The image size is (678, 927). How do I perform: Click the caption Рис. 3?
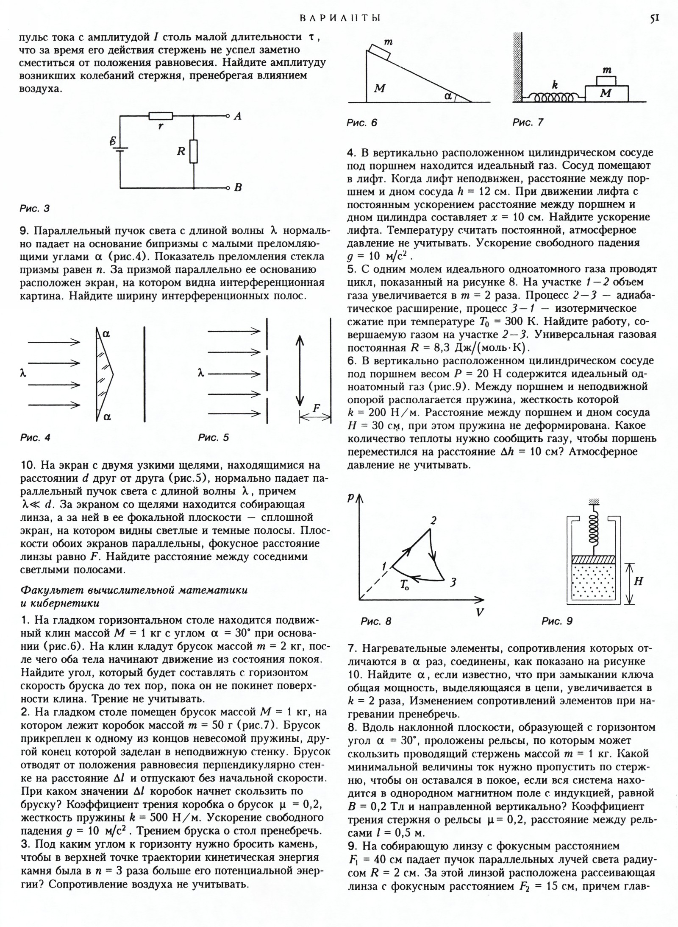point(35,208)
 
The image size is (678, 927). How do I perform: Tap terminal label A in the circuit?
point(238,116)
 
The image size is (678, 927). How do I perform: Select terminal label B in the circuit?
point(238,187)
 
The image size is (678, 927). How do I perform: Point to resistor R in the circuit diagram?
point(193,151)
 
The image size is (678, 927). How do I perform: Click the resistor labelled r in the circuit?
point(161,116)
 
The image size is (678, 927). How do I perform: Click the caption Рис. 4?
point(35,437)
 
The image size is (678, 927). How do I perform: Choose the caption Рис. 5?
point(214,437)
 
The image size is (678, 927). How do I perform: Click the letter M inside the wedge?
point(380,88)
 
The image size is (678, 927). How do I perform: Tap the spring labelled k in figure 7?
point(553,98)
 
